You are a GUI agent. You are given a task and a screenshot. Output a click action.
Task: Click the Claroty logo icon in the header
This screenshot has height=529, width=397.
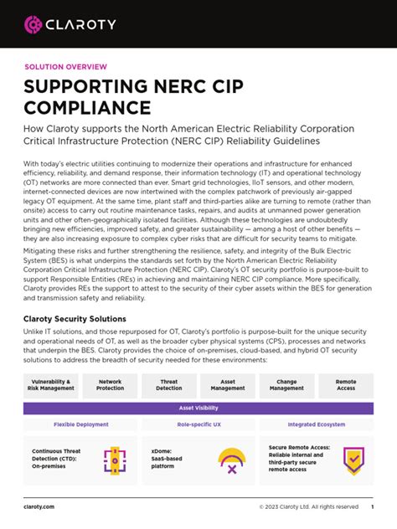[34, 24]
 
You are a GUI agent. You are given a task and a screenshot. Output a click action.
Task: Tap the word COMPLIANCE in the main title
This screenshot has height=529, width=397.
[87, 108]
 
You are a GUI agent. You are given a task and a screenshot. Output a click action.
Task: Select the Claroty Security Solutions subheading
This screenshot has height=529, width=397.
[75, 319]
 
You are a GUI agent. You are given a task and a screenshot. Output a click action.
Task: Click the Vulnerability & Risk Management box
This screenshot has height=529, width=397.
[51, 384]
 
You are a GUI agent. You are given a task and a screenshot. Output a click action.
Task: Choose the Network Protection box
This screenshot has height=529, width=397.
[110, 384]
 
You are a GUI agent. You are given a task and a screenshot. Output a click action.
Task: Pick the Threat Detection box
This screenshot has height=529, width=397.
[169, 384]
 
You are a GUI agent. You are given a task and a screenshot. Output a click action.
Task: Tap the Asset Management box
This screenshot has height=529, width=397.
[228, 384]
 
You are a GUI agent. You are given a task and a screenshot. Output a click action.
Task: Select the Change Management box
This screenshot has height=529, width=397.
[286, 384]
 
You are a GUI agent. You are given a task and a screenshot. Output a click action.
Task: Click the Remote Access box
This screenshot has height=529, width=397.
[346, 384]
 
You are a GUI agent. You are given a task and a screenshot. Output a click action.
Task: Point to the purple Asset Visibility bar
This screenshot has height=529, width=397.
[198, 408]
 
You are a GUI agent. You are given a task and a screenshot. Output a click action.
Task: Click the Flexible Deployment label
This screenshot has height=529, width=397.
[80, 425]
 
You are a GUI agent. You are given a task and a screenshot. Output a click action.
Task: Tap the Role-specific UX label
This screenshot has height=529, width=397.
[198, 425]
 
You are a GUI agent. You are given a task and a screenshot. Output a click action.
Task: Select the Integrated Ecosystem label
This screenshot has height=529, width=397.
[316, 425]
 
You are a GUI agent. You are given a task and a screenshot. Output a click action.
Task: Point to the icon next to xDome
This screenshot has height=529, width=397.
[231, 460]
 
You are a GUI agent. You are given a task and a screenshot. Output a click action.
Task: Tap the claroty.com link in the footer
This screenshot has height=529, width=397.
[39, 506]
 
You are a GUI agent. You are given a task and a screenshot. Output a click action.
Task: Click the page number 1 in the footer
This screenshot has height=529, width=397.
[372, 506]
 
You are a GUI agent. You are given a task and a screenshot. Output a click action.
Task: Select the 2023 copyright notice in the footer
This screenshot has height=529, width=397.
[308, 506]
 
